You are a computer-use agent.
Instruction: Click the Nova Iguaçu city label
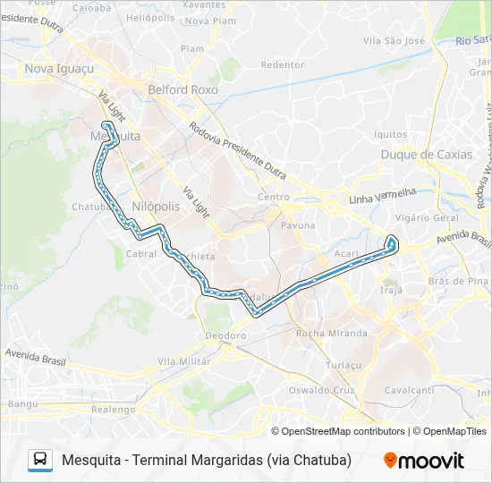pyautogui.click(x=59, y=69)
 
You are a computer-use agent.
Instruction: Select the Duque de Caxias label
pyautogui.click(x=426, y=155)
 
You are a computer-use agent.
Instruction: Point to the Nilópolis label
pyautogui.click(x=156, y=206)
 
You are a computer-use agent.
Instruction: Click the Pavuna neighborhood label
pyautogui.click(x=298, y=225)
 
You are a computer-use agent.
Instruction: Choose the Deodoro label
pyautogui.click(x=225, y=335)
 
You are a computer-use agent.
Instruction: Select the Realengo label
pyautogui.click(x=112, y=409)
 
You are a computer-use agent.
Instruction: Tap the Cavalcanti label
pyautogui.click(x=409, y=390)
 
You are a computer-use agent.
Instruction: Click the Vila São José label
pyautogui.click(x=394, y=41)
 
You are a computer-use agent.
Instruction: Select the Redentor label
pyautogui.click(x=282, y=64)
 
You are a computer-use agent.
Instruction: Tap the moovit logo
pyautogui.click(x=424, y=461)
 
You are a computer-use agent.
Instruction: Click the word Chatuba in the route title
pyautogui.click(x=318, y=460)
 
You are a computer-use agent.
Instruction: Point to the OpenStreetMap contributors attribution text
pyautogui.click(x=343, y=431)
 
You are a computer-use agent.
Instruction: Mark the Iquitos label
pyautogui.click(x=391, y=134)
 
